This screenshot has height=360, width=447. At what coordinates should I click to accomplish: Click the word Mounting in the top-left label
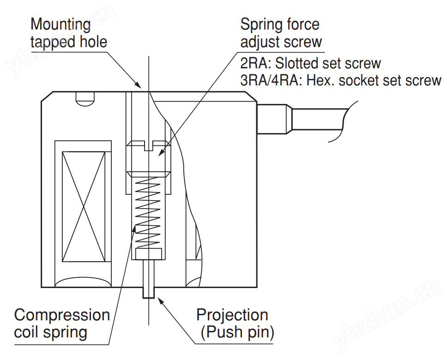coord(60,24)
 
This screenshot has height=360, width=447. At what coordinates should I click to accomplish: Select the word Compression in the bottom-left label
coord(62,315)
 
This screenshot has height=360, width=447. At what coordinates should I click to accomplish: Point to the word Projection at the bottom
coord(232,315)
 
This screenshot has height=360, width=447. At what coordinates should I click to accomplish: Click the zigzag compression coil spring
coord(148,212)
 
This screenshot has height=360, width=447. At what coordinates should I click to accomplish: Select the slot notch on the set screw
coord(148,146)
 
